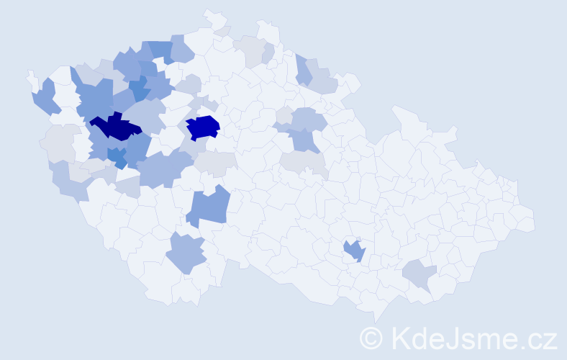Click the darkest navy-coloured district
(x=115, y=127)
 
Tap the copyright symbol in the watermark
(x=371, y=337)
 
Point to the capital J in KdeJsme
(x=449, y=337)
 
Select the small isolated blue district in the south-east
(x=354, y=251)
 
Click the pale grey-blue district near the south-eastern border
(x=419, y=274)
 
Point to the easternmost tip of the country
(x=534, y=220)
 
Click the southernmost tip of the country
(x=376, y=321)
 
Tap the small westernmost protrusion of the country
(x=30, y=74)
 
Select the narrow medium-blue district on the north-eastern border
(x=303, y=69)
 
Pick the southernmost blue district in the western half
(x=186, y=253)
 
